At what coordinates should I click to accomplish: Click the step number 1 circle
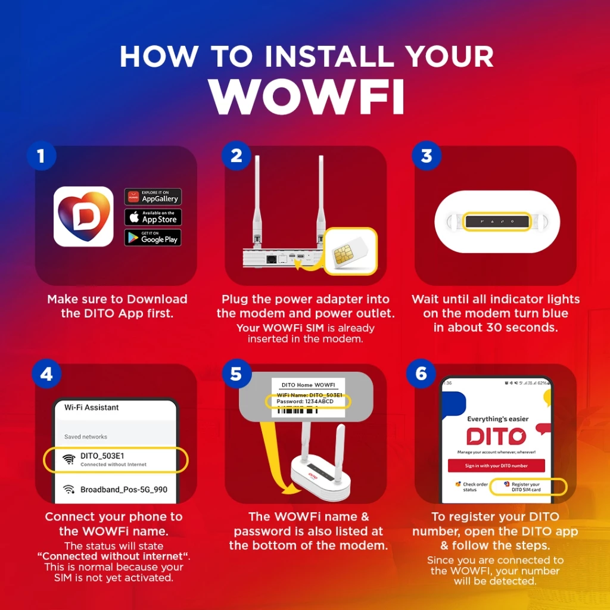tap(41, 156)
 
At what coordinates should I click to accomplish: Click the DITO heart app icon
tap(83, 216)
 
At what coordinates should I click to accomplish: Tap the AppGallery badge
tap(152, 197)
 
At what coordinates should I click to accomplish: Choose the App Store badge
tap(152, 217)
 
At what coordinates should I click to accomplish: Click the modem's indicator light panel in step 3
tap(496, 222)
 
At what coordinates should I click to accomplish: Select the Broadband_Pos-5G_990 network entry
tap(123, 490)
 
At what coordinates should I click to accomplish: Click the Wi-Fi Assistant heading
tap(92, 407)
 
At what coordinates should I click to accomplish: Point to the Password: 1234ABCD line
tap(305, 402)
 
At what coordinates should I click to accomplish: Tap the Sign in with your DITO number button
tap(496, 465)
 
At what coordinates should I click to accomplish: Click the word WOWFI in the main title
tap(306, 95)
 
